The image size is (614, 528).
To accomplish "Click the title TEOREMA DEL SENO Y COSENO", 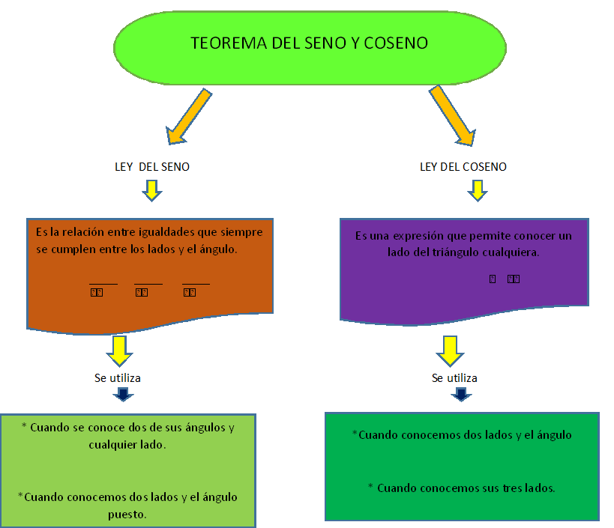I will (x=309, y=43).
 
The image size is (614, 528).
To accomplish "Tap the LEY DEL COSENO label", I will (x=463, y=167).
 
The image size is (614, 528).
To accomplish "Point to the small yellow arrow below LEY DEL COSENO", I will (x=477, y=193).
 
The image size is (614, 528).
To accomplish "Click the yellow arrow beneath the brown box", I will (x=119, y=350).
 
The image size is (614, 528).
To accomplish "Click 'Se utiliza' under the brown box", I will (x=117, y=377).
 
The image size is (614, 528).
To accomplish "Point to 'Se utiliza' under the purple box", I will (x=454, y=377).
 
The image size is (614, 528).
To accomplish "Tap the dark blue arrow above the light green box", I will (x=123, y=394).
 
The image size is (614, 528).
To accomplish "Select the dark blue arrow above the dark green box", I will (x=461, y=394).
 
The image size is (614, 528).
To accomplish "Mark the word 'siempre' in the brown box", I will (x=244, y=232).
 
